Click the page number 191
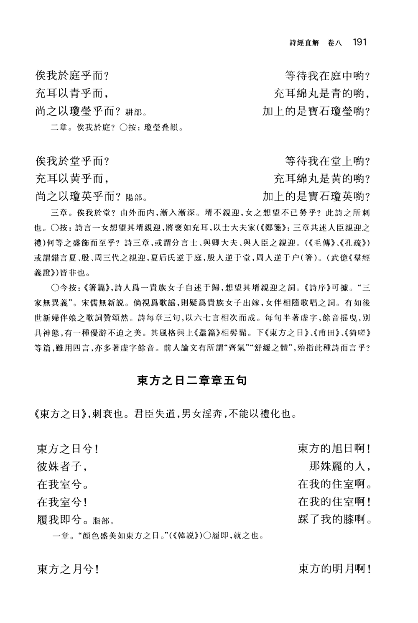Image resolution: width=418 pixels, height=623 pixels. [x=359, y=42]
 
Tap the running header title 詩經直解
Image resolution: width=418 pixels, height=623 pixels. [x=304, y=42]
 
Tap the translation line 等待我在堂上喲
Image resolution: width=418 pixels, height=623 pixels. [x=328, y=161]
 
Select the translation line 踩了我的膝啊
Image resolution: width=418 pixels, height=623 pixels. [x=335, y=520]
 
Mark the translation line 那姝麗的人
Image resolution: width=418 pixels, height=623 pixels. [x=340, y=467]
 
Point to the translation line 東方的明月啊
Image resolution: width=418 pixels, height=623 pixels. [x=335, y=569]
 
